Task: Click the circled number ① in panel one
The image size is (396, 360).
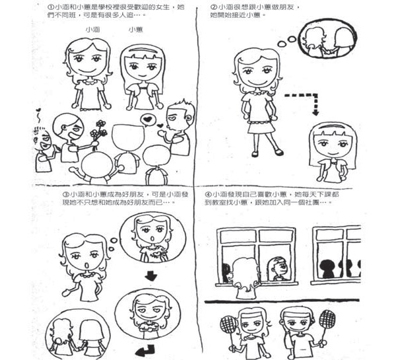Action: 49,7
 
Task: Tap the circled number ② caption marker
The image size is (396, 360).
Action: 213,7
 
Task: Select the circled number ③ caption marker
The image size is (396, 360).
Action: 65,194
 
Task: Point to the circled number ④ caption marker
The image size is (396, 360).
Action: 208,194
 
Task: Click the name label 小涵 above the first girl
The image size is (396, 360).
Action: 92,30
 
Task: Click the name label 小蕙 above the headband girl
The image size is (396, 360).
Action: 135,30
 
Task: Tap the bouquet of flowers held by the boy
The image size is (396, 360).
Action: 98,131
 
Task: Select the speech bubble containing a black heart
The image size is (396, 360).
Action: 147,120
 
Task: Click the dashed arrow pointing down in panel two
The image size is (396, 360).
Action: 306,96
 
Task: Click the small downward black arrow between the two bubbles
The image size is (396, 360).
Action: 151,275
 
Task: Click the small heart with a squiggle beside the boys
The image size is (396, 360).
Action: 38,115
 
